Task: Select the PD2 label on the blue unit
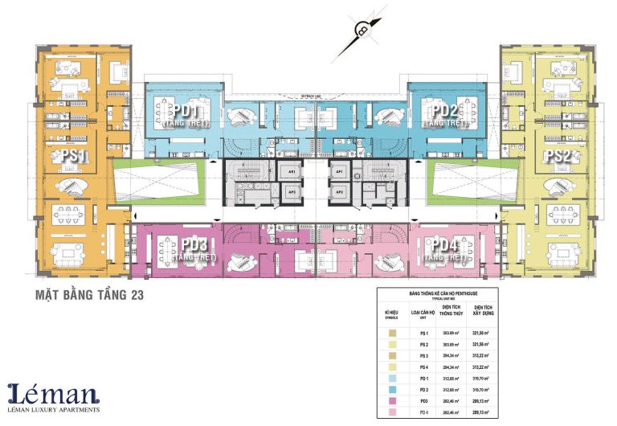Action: [444, 111]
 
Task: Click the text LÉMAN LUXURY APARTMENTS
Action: [54, 410]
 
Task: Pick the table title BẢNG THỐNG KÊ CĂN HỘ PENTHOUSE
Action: [438, 294]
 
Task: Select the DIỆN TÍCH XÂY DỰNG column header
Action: [482, 309]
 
